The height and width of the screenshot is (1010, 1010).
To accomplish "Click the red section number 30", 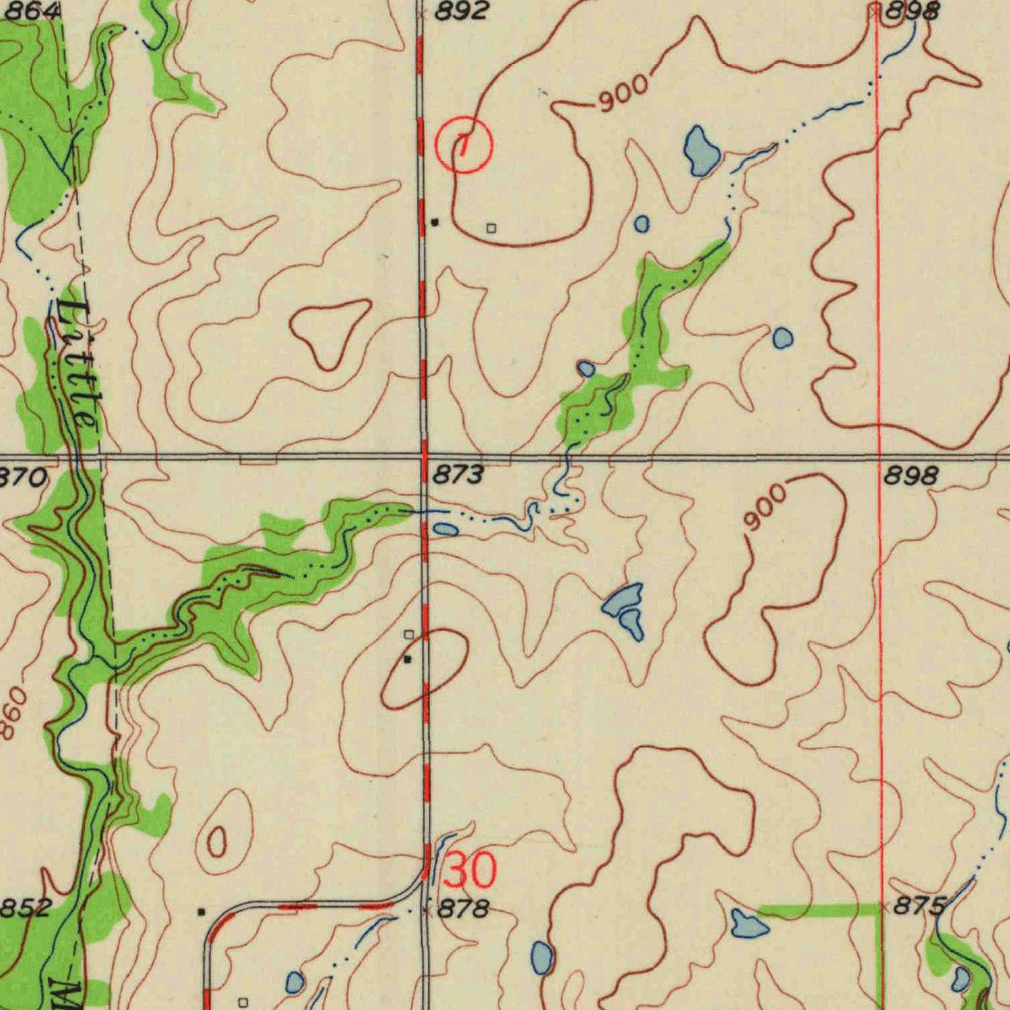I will pyautogui.click(x=470, y=872).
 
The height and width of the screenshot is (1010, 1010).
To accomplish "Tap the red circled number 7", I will pyautogui.click(x=464, y=145).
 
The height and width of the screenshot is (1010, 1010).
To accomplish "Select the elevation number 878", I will pyautogui.click(x=463, y=909).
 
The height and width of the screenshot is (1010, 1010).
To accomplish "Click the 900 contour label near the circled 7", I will pyautogui.click(x=623, y=93).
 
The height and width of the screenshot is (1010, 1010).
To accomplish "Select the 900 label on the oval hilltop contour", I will pyautogui.click(x=765, y=507).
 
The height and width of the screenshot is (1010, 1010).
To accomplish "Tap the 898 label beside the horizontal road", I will pyautogui.click(x=909, y=475).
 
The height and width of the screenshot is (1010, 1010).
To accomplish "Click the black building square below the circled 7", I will pyautogui.click(x=435, y=222).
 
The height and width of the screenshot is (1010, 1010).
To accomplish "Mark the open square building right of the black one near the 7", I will pyautogui.click(x=492, y=228).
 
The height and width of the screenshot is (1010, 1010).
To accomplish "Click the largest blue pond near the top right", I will pyautogui.click(x=701, y=151).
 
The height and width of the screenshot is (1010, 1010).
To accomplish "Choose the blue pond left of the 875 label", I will pyautogui.click(x=749, y=923).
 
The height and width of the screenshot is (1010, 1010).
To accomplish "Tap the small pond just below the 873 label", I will pyautogui.click(x=445, y=530).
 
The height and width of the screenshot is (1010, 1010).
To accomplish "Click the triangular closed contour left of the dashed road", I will pyautogui.click(x=329, y=329).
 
